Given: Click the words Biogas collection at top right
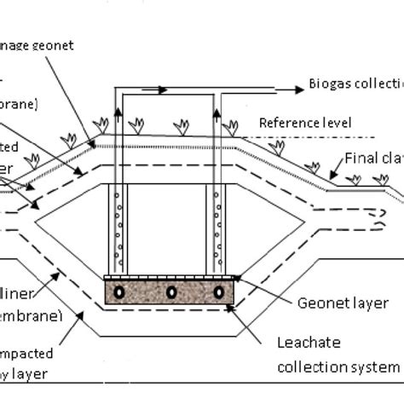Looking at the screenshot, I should (354, 88).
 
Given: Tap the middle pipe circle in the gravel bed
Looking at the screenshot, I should (171, 291).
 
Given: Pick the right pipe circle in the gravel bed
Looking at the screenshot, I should (220, 291).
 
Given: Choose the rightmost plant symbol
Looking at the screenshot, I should (381, 180).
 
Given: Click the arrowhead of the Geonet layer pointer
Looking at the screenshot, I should (237, 277).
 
